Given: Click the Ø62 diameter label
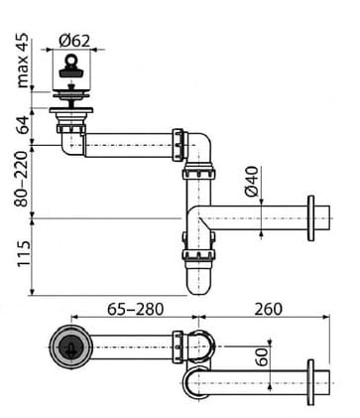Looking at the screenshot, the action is click(74, 41).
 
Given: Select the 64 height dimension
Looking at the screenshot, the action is click(23, 125).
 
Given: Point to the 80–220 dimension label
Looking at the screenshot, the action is click(22, 179).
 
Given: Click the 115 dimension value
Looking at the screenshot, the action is click(24, 254).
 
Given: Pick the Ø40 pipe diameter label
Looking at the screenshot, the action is click(251, 182).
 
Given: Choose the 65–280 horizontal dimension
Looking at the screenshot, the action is click(136, 310).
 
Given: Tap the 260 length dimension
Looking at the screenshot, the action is click(268, 310).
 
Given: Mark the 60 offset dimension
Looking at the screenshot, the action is click(263, 356).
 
